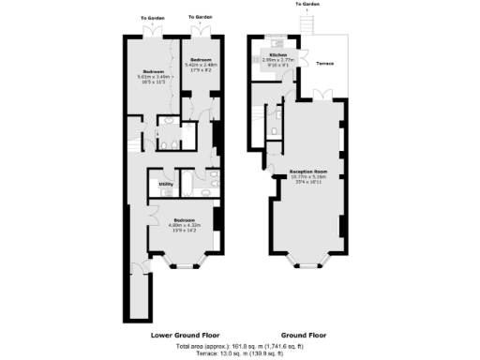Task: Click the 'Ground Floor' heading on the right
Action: coord(305,334)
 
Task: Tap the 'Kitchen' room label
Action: coord(277,55)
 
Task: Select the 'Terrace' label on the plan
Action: coord(325,64)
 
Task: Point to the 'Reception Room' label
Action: coord(307,172)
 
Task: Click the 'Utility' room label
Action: coord(165,185)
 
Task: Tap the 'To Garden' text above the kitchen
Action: coord(308,5)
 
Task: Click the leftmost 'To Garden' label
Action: coord(153,17)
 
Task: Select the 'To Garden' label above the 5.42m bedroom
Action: coord(199,17)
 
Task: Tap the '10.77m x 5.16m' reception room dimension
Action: coord(307,177)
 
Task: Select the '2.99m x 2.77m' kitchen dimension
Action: coord(277,61)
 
